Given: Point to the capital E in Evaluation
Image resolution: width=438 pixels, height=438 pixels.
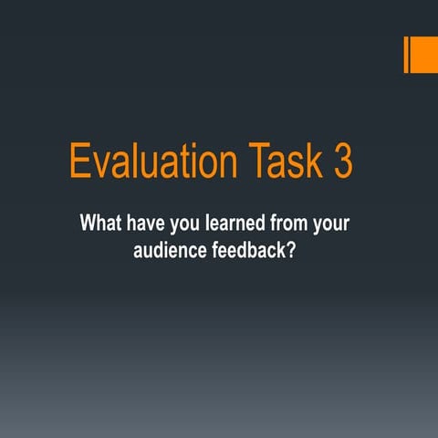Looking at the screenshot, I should point(80,163).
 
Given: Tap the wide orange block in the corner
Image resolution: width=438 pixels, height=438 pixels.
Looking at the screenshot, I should point(424,54).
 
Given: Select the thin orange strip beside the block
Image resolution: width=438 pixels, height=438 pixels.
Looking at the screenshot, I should point(405,54).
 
